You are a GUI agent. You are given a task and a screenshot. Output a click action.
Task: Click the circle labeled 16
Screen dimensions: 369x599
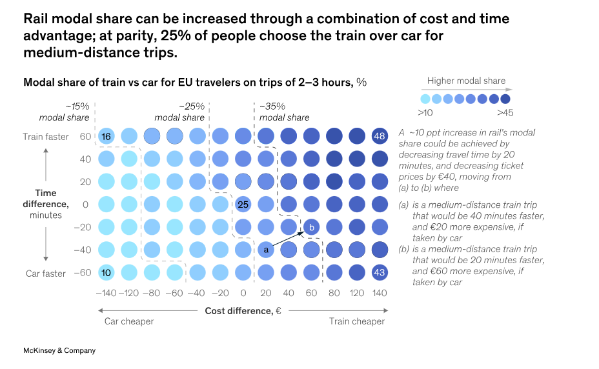(x=107, y=136)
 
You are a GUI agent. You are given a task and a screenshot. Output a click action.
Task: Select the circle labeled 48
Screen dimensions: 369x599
(x=380, y=136)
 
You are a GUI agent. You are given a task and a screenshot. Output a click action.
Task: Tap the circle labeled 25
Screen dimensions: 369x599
(x=243, y=204)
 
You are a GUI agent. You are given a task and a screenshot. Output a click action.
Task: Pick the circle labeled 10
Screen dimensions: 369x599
(x=107, y=273)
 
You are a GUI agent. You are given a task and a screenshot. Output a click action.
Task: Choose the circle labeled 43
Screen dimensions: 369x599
(x=380, y=273)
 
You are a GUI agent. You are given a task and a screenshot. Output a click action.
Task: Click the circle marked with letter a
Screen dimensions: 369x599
(x=265, y=250)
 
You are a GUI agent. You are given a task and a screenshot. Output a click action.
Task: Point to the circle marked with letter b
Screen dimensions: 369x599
(x=311, y=227)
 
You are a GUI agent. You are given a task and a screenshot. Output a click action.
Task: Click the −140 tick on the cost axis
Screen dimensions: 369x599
(x=107, y=294)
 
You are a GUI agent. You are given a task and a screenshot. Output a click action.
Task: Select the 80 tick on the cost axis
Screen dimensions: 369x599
(x=334, y=294)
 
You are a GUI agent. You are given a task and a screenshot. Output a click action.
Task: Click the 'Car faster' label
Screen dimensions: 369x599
(x=46, y=274)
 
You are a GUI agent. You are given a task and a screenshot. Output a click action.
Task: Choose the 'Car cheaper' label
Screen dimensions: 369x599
(x=129, y=321)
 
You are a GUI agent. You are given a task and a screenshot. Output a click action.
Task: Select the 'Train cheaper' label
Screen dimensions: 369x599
(x=357, y=321)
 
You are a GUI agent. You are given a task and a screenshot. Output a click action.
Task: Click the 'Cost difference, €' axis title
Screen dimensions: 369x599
(x=243, y=311)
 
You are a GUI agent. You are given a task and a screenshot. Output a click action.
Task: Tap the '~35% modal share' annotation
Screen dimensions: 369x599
(x=284, y=112)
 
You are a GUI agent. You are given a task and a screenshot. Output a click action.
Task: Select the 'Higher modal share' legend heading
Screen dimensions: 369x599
(x=466, y=81)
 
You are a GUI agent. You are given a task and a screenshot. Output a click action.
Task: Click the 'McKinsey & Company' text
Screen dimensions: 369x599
(x=59, y=350)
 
